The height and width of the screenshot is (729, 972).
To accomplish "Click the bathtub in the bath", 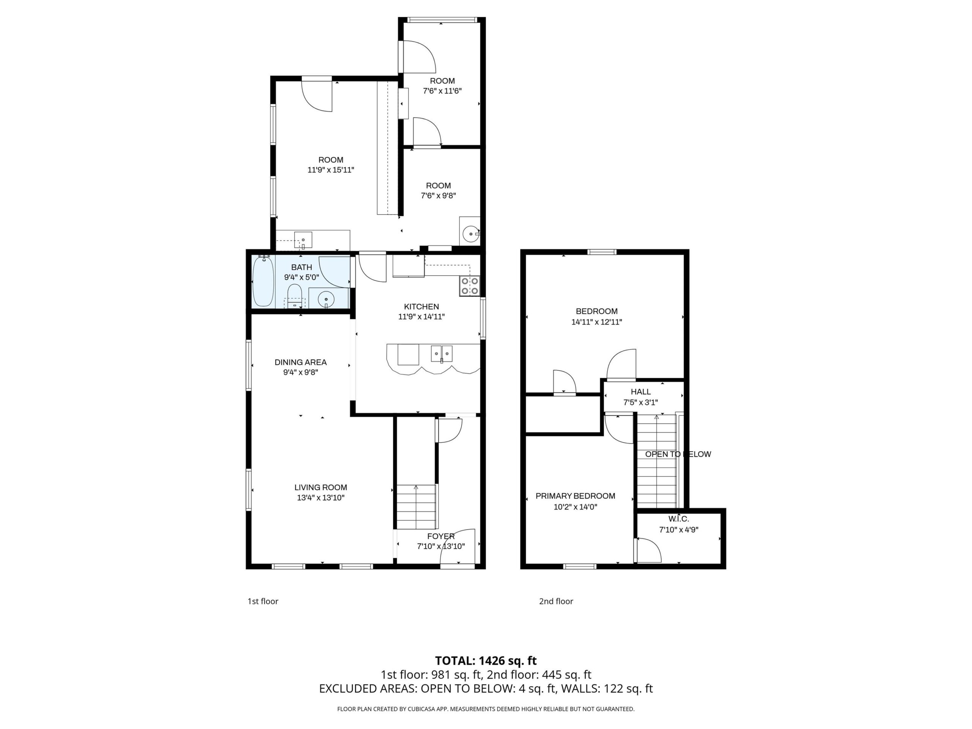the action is pos(263,281).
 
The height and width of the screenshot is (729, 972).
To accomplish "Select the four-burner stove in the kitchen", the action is pos(469,286).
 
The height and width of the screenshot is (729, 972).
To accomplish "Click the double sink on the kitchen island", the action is pos(442,354).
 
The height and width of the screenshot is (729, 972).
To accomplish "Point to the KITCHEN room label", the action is pos(421,307).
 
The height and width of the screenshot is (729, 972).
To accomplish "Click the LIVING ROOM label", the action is pos(321,487).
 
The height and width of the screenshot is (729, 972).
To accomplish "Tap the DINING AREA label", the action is pos(301,363).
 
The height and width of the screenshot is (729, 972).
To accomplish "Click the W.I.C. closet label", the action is pos(679,519).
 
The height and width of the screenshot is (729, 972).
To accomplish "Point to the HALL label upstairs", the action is pos(641,392).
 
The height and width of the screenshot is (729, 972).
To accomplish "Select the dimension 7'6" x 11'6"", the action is pos(442,92).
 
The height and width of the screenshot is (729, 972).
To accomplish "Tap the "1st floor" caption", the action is pos(263,601).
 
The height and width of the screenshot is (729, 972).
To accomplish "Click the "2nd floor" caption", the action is pos(556,601).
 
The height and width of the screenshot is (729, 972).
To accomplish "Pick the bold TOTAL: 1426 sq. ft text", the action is pos(486,660).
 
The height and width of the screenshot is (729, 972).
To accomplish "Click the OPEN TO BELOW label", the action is pos(678,454).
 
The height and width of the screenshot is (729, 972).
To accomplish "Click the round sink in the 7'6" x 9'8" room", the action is pos(470,234).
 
